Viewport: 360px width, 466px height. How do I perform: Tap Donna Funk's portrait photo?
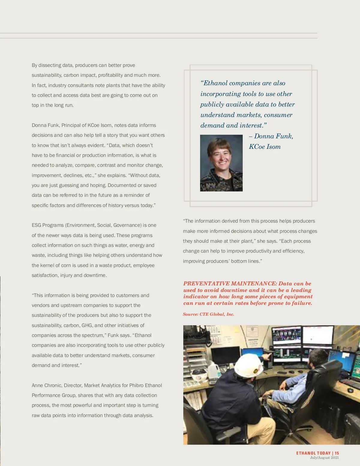pos(221,163)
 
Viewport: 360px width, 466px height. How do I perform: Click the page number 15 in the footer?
pos(337,453)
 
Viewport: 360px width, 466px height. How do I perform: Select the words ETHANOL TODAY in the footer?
pos(313,453)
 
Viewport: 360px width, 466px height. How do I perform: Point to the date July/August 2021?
pos(324,458)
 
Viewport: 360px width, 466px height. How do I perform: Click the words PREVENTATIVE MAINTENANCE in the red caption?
pos(229,284)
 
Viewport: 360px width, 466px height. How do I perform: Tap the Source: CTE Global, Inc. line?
pos(208,314)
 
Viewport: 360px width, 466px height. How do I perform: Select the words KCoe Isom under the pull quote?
pos(265,147)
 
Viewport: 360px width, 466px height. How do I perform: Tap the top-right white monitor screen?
pos(318,335)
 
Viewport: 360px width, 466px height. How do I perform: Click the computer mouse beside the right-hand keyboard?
pos(350,390)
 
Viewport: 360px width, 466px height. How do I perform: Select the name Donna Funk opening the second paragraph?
pos(45,125)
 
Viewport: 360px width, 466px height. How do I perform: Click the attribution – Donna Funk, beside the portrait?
pos(271,136)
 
